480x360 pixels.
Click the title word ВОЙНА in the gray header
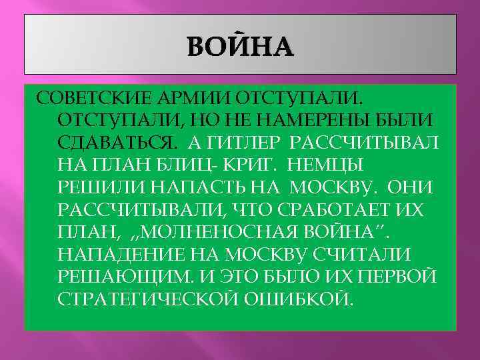(x=240, y=47)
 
